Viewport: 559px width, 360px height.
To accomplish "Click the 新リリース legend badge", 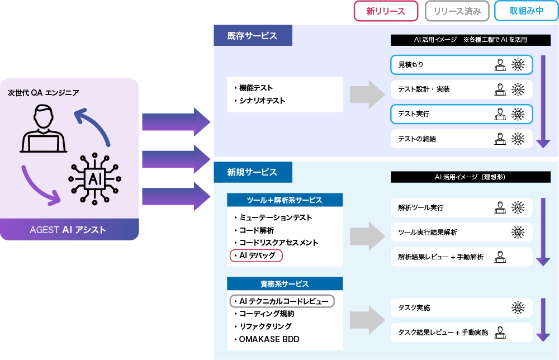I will tap(386, 11).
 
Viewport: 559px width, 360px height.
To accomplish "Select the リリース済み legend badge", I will tap(457, 11).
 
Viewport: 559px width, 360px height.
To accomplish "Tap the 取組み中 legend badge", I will tap(527, 11).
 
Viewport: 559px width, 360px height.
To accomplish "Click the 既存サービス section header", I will tap(253, 36).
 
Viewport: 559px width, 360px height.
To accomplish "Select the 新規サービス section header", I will tap(253, 172).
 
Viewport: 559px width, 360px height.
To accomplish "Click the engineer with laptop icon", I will tap(44, 130).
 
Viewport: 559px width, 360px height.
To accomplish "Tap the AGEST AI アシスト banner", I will tap(69, 230).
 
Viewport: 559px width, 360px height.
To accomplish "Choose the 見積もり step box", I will tap(461, 65).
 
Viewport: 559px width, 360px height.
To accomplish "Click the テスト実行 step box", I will tap(461, 114).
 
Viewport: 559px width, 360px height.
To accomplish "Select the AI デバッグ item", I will tap(257, 255).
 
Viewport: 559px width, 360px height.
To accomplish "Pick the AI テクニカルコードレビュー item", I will tap(282, 301).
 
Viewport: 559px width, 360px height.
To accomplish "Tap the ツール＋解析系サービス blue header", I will tap(285, 200).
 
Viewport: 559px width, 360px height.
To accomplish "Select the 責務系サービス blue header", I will tap(285, 284).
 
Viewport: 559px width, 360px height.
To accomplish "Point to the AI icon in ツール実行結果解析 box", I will tap(518, 232).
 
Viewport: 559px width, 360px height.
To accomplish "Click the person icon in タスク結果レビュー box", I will tap(500, 332).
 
